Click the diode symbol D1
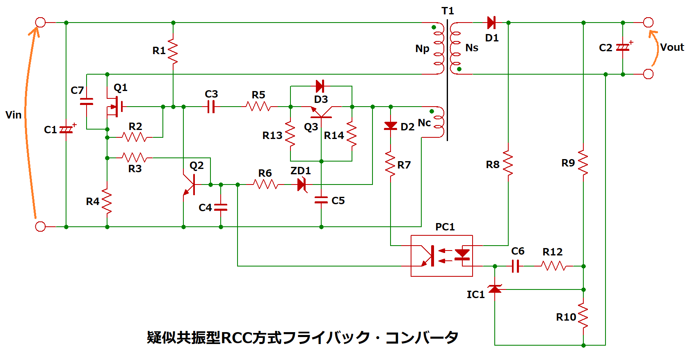pyautogui.click(x=491, y=23)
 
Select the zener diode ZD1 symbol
pyautogui.click(x=302, y=185)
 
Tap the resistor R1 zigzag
pyautogui.click(x=173, y=51)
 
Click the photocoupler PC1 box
pyautogui.click(x=442, y=256)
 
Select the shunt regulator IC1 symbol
pyautogui.click(x=495, y=289)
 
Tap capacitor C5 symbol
pyautogui.click(x=321, y=200)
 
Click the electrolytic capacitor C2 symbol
pyautogui.click(x=623, y=48)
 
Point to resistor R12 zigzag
pyautogui.click(x=555, y=266)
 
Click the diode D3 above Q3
pyautogui.click(x=320, y=86)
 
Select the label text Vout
pyautogui.click(x=672, y=47)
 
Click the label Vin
pyautogui.click(x=14, y=115)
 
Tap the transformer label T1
pyautogui.click(x=448, y=11)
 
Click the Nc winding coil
pyautogui.click(x=439, y=122)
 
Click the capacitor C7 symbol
pyautogui.click(x=87, y=102)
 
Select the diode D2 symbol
pyautogui.click(x=391, y=126)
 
